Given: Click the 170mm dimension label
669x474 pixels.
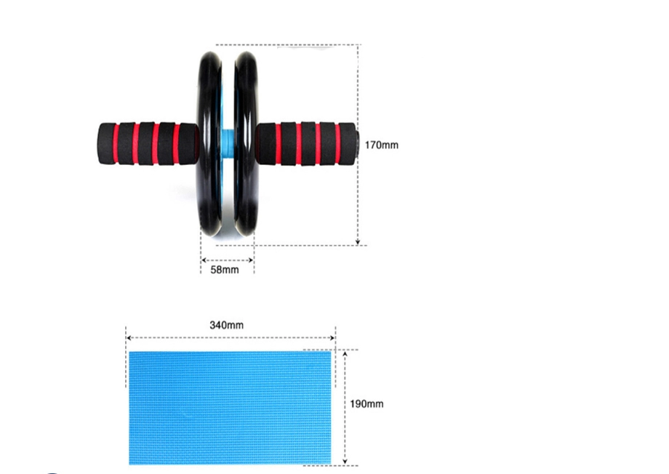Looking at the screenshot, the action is (x=382, y=145).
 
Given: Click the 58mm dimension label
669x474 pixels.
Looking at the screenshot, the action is (x=225, y=270).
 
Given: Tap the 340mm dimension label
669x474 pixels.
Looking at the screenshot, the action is (x=227, y=325).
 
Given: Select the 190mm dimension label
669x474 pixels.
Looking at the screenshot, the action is (x=366, y=403).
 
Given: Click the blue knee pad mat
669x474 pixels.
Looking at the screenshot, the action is (x=230, y=407).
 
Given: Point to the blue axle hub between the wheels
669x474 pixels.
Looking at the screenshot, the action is (x=228, y=140).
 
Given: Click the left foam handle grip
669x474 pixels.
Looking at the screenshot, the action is (x=148, y=144).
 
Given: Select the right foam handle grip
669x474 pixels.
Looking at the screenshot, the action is (x=305, y=143).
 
